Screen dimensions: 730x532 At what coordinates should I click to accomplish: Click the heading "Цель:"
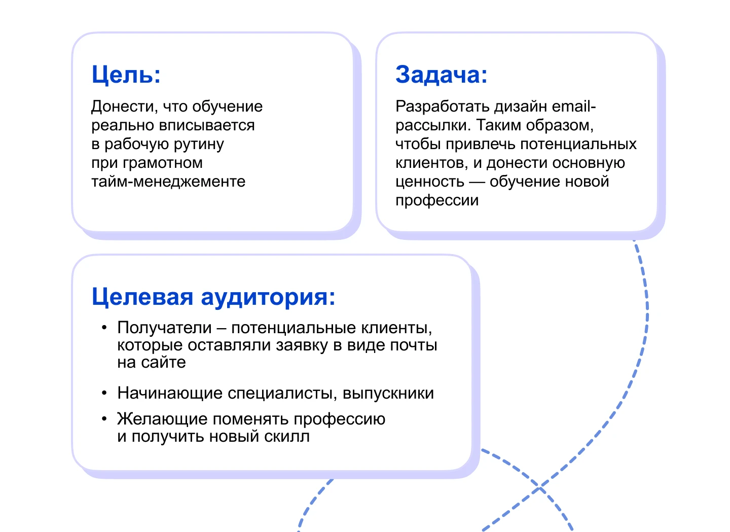click(126, 75)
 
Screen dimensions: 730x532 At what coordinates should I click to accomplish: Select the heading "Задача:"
click(441, 75)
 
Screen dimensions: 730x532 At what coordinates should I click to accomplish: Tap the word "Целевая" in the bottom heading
click(143, 297)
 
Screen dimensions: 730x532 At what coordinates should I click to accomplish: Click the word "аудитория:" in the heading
click(268, 298)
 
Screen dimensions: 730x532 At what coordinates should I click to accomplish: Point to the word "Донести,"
click(125, 107)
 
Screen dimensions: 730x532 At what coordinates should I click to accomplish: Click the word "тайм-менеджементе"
click(168, 182)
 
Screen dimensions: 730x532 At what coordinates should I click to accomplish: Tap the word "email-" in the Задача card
click(574, 107)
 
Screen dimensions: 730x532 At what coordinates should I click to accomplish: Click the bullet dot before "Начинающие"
click(104, 393)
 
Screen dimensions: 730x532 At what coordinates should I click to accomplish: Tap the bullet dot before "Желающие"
click(104, 419)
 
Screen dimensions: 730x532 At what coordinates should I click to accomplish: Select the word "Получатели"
click(164, 328)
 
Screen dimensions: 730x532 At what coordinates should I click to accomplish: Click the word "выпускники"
click(388, 394)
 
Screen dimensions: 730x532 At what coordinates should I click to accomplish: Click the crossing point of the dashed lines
click(540, 487)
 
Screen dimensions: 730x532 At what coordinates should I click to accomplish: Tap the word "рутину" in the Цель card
click(199, 145)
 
